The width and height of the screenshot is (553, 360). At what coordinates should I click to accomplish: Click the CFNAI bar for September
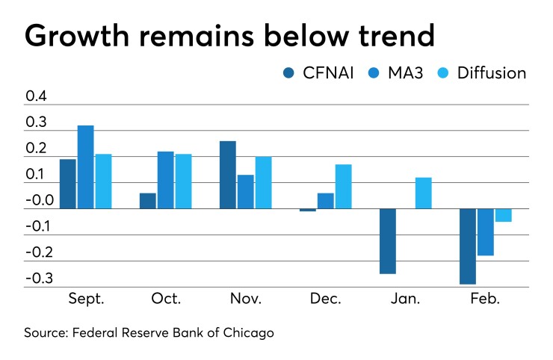68,184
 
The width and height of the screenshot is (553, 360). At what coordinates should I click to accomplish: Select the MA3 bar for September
86,167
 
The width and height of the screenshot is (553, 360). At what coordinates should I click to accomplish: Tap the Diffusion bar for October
183,181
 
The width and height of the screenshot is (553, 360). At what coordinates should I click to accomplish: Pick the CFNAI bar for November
228,175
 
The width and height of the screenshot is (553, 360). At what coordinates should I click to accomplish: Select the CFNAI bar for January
387,241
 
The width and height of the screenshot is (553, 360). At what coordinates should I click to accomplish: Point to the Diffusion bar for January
423,193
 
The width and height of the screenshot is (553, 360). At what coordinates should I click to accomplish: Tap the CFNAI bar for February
467,246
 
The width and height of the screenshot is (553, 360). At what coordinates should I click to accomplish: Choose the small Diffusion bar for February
503,215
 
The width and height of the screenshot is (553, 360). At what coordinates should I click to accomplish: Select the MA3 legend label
404,72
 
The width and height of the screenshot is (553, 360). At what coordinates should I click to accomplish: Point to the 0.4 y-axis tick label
37,96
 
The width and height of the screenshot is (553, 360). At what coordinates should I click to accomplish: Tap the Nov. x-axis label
245,299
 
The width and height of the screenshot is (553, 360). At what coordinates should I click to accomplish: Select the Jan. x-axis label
405,299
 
